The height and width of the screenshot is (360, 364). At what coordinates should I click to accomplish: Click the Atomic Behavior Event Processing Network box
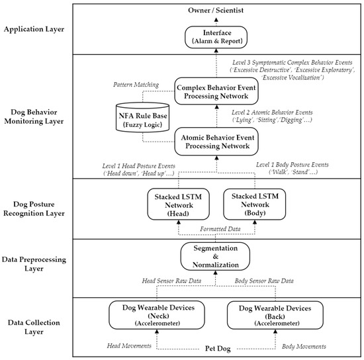pos(224,140)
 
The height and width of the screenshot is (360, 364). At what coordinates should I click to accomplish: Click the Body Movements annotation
pos(304,346)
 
